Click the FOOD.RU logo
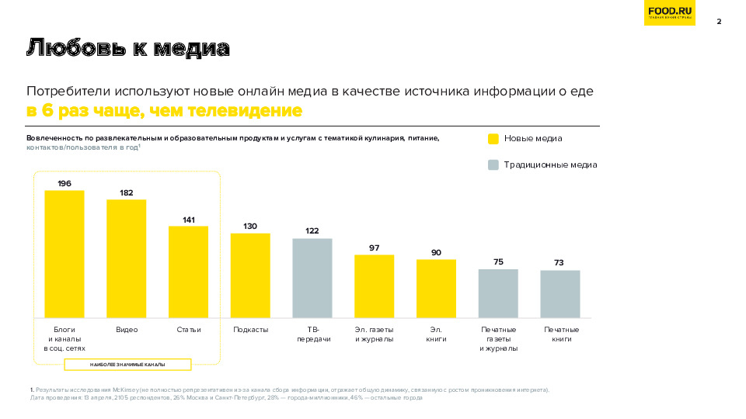(669, 13)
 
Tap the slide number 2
(719, 21)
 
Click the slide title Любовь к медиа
(128, 49)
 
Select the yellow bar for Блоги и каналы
(64, 254)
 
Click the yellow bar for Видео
(127, 258)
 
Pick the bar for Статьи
(189, 272)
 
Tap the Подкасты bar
(250, 275)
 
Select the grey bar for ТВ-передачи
(312, 278)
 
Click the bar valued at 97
(375, 286)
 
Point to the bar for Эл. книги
(436, 289)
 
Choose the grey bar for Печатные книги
(560, 294)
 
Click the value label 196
(64, 183)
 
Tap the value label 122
(312, 230)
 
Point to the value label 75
(498, 261)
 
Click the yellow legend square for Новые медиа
(493, 139)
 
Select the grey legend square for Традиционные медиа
(493, 164)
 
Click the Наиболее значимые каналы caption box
(127, 365)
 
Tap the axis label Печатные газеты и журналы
(498, 339)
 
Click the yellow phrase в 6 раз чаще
(85, 111)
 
